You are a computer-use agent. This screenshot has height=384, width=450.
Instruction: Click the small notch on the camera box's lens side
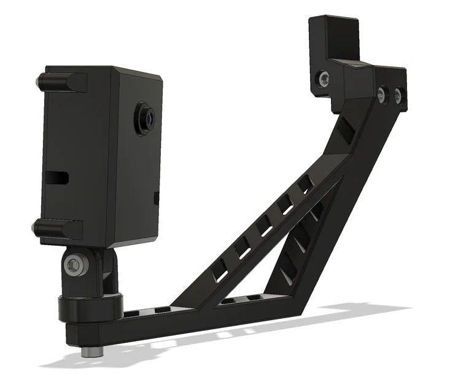pos(155,198)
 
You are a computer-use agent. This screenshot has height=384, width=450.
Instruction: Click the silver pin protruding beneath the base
pos(91,353)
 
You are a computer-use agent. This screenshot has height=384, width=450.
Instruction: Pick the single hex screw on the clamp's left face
pos(323,78)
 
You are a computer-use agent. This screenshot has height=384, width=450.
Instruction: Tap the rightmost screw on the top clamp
pos(398,95)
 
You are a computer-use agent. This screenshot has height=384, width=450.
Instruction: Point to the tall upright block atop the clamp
pos(332,37)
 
